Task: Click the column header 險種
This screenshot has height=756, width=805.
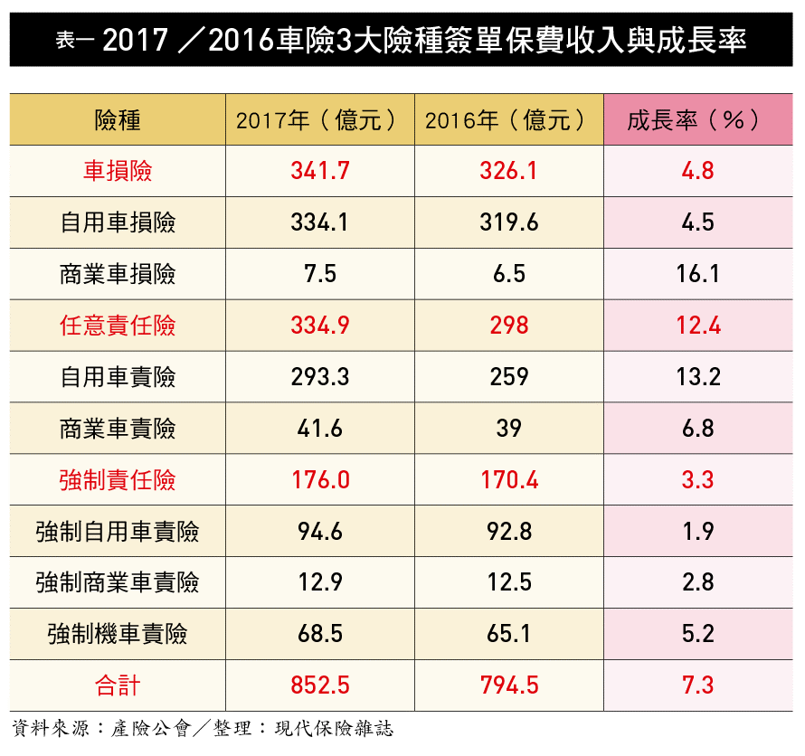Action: coord(118,119)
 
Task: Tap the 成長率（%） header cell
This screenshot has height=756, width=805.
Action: coord(696,119)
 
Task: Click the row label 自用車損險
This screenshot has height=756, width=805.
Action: coord(118,222)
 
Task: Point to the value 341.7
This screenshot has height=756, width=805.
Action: coord(320,171)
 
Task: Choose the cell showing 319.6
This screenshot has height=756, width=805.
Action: coord(509,222)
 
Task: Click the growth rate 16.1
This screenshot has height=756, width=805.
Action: coord(697,274)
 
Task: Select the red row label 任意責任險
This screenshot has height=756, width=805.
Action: coord(118,326)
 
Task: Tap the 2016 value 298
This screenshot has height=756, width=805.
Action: coord(509,326)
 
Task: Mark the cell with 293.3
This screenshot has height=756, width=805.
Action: coord(320,377)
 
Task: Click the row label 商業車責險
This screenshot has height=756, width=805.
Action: coord(118,429)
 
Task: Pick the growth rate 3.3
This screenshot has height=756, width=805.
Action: coord(697,480)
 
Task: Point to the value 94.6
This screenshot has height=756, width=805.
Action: coord(320,532)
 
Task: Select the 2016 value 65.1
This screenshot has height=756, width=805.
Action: coord(509,634)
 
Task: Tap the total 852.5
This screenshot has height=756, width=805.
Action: coord(320,685)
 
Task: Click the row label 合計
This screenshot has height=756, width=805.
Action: coord(118,685)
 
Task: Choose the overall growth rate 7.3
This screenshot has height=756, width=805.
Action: coord(697,685)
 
